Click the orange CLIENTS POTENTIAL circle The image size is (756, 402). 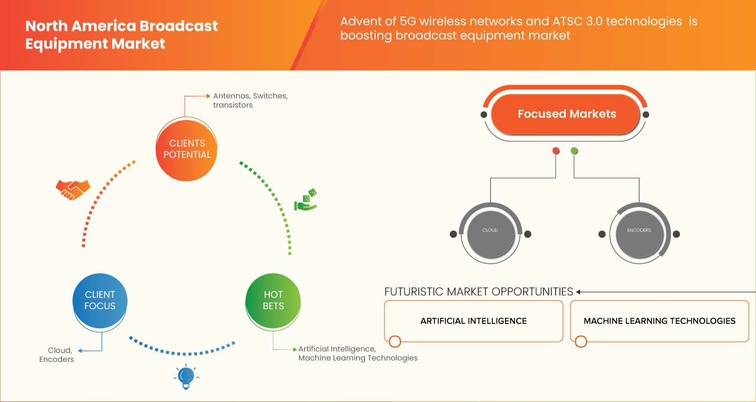click(187, 149)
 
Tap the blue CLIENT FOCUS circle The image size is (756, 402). click(100, 300)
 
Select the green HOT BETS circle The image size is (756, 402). click(273, 300)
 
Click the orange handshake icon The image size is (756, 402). click(73, 189)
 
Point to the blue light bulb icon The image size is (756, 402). click(186, 377)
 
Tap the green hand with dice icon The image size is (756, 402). click(306, 200)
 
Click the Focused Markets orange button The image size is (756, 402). click(566, 114)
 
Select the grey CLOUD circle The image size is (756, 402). click(490, 231)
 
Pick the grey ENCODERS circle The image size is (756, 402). click(639, 231)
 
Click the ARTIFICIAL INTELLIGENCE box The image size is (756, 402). click(474, 321)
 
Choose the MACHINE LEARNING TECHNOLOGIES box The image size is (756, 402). click(659, 321)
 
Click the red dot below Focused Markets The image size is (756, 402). click(556, 151)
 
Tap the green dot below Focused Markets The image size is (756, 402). click(574, 151)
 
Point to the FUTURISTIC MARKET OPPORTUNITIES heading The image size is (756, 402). click(478, 291)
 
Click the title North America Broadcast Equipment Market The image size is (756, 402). click(121, 35)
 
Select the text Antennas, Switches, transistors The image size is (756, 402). click(250, 100)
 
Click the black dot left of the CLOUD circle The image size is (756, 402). click(453, 234)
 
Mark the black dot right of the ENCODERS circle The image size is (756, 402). click(677, 234)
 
